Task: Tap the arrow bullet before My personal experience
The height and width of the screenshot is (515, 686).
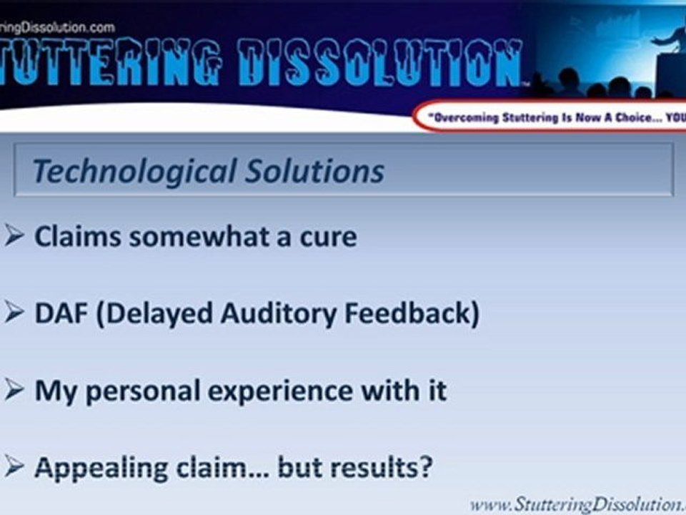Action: tap(14, 391)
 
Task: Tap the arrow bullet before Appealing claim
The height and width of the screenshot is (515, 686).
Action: tap(14, 469)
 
